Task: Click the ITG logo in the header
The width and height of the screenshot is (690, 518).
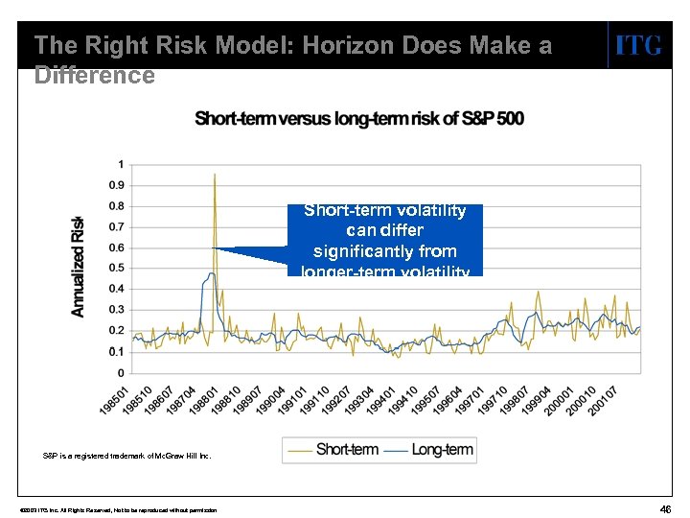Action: click(637, 45)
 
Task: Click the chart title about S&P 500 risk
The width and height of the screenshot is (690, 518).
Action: click(359, 119)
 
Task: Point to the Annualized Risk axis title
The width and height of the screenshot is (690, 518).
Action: click(80, 267)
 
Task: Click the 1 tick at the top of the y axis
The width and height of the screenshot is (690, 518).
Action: click(120, 163)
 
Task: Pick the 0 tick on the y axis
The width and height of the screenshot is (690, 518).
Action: click(120, 372)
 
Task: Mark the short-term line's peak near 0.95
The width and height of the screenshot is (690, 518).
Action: click(215, 175)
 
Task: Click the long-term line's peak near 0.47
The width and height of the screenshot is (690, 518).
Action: click(211, 273)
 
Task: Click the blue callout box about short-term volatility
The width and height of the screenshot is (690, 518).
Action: click(385, 240)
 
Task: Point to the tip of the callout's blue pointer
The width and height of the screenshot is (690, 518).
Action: click(213, 248)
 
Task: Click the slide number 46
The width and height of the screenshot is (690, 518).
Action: click(664, 508)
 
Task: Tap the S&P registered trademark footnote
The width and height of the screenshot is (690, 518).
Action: click(127, 455)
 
